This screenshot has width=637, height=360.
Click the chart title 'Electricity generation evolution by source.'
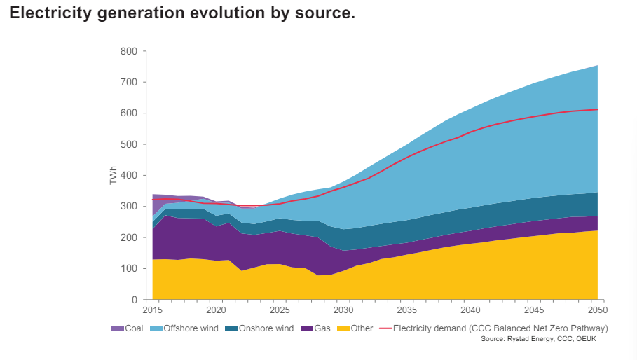pyautogui.click(x=182, y=14)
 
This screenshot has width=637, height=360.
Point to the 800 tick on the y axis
pyautogui.click(x=129, y=51)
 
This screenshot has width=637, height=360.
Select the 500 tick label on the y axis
pyautogui.click(x=129, y=144)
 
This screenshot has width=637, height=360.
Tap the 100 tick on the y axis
pyautogui.click(x=129, y=269)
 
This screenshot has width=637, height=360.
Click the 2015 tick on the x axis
pyautogui.click(x=153, y=310)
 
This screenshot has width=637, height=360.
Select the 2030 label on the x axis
pyautogui.click(x=343, y=310)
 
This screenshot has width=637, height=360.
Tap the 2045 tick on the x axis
pyautogui.click(x=533, y=310)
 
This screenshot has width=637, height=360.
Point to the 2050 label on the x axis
pyautogui.click(x=597, y=310)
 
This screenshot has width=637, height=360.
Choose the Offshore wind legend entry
pyautogui.click(x=187, y=328)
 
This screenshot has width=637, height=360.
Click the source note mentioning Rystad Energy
pyautogui.click(x=538, y=339)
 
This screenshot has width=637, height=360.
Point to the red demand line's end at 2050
pyautogui.click(x=597, y=109)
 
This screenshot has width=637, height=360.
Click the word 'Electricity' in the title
pyautogui.click(x=46, y=14)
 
